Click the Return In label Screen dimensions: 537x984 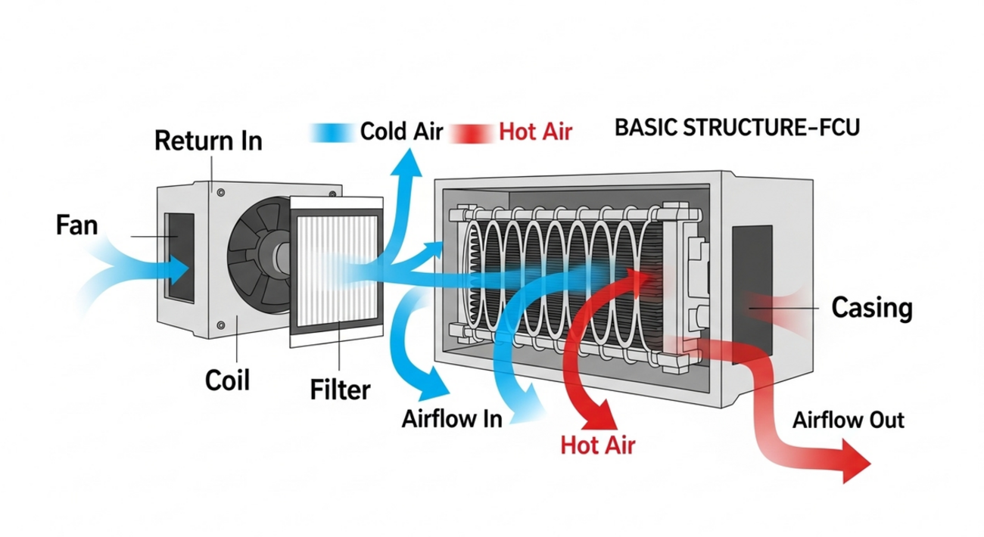pos(207,141)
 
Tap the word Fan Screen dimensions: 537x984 pos(77,225)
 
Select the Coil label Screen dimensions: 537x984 pos(226,380)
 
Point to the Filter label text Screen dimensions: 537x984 pos(341,390)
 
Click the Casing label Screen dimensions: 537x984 pos(871,309)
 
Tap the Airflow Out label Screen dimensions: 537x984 pos(848,420)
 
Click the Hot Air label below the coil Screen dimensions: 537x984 pos(598,445)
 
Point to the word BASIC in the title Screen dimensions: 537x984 pos(640,128)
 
